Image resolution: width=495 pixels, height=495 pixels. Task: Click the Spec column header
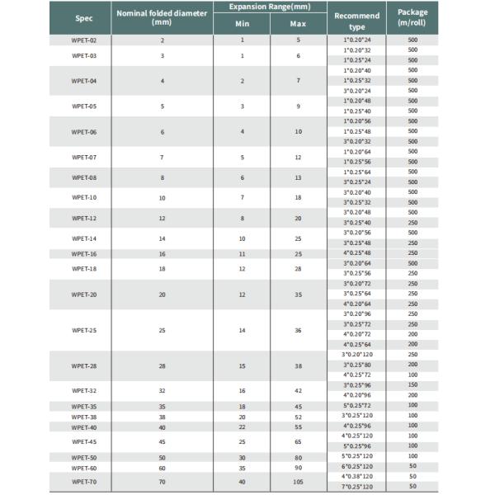click(84, 17)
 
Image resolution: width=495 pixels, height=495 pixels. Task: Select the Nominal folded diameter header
click(162, 17)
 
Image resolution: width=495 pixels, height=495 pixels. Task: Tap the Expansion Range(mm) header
click(270, 7)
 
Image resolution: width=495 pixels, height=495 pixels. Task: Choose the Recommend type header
click(357, 21)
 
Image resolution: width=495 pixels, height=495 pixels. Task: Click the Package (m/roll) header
click(412, 17)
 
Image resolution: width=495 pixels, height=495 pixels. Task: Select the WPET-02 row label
click(84, 40)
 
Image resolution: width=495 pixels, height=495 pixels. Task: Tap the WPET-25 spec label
click(84, 330)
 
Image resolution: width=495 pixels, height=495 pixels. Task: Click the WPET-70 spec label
click(84, 480)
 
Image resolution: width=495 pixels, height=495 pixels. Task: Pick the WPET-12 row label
click(84, 219)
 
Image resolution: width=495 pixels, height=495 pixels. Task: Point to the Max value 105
click(298, 480)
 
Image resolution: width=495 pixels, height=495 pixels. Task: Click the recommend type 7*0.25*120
click(357, 486)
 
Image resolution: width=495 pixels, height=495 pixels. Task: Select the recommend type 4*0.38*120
click(357, 476)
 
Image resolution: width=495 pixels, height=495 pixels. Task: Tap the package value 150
click(412, 384)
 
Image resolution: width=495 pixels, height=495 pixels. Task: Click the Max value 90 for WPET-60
click(298, 467)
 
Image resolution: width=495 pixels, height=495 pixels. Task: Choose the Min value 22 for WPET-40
click(242, 427)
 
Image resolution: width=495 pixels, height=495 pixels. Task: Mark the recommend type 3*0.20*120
click(357, 354)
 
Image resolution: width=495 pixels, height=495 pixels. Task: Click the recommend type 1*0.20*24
click(357, 40)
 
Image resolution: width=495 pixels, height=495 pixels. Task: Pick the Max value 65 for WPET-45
click(298, 441)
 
